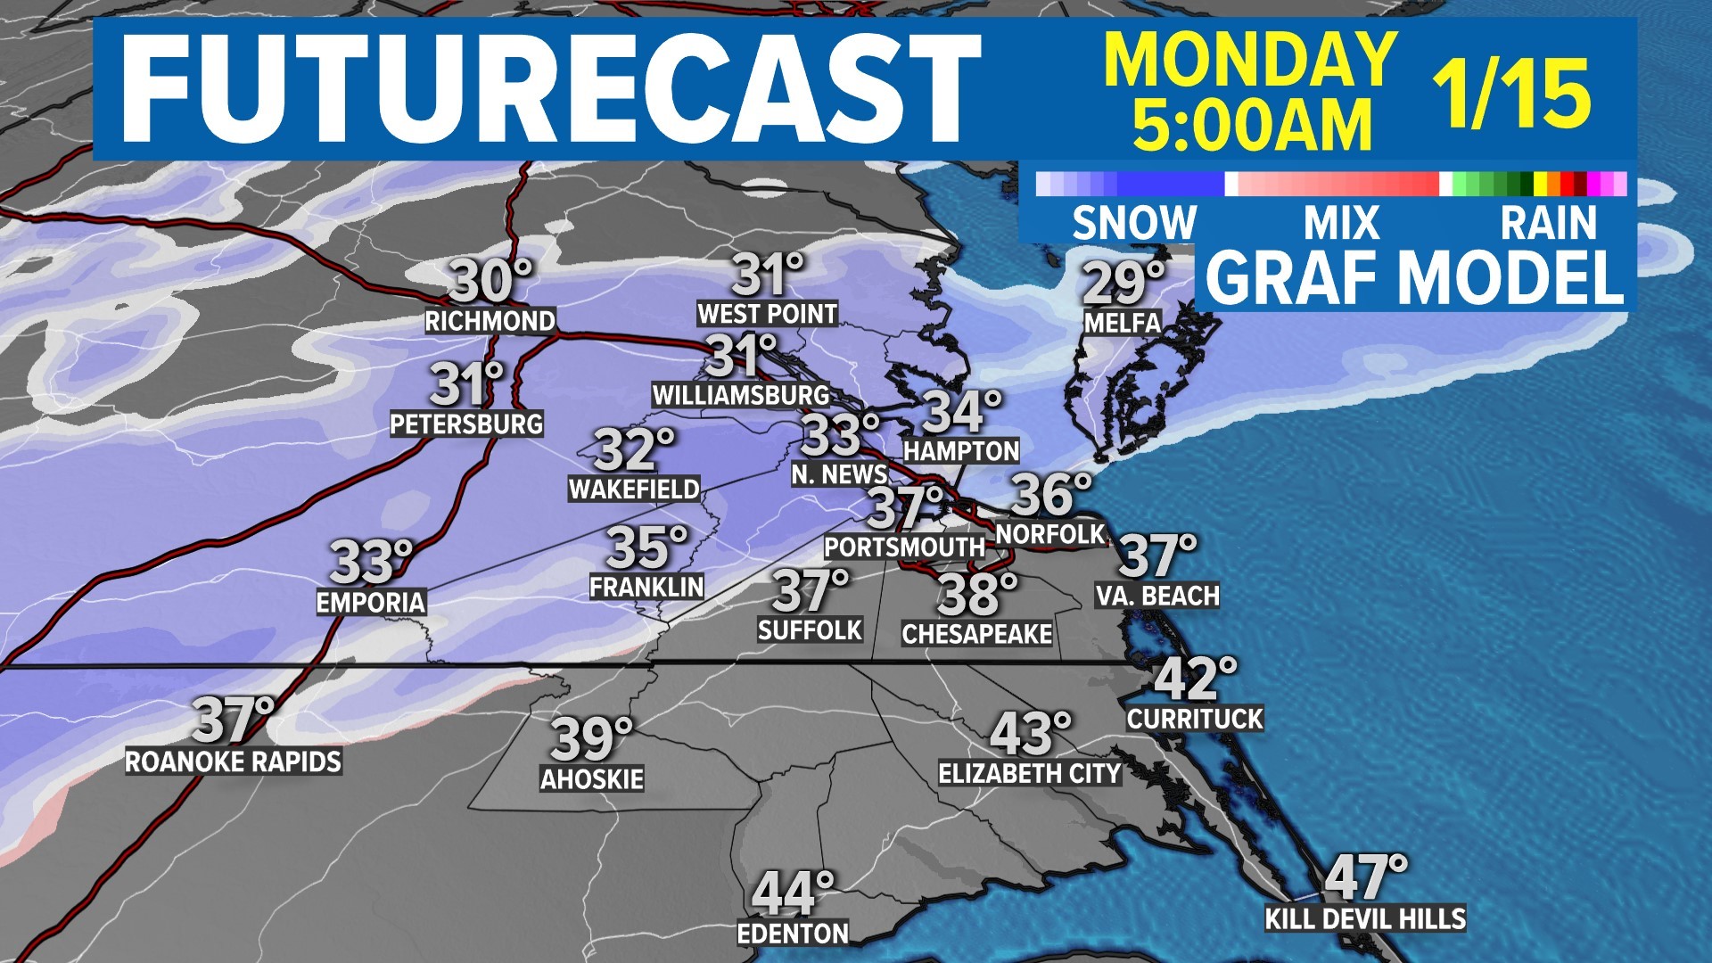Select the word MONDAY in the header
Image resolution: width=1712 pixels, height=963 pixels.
pos(1250,59)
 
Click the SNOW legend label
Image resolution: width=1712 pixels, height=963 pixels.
pos(1134,223)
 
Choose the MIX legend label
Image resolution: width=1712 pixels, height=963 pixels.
pos(1341,223)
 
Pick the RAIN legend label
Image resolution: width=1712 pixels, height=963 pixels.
pos(1548,223)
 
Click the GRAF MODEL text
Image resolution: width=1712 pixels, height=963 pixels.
pos(1415,277)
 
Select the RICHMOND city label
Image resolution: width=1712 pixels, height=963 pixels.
pos(490,321)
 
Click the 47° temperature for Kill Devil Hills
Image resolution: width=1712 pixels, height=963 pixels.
pos(1365,877)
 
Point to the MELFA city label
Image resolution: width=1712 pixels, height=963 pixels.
pos(1123,323)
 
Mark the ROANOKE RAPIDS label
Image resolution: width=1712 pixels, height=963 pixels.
pos(233,761)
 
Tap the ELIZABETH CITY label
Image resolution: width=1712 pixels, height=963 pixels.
pos(1029,773)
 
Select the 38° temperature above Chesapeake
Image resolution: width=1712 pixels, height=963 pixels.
pos(976,595)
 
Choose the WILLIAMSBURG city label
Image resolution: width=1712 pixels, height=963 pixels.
pos(741,394)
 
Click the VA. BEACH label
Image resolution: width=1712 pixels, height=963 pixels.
pos(1157,596)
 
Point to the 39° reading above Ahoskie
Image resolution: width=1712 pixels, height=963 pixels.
pos(591,738)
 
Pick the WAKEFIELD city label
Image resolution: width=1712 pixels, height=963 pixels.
pos(634,489)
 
